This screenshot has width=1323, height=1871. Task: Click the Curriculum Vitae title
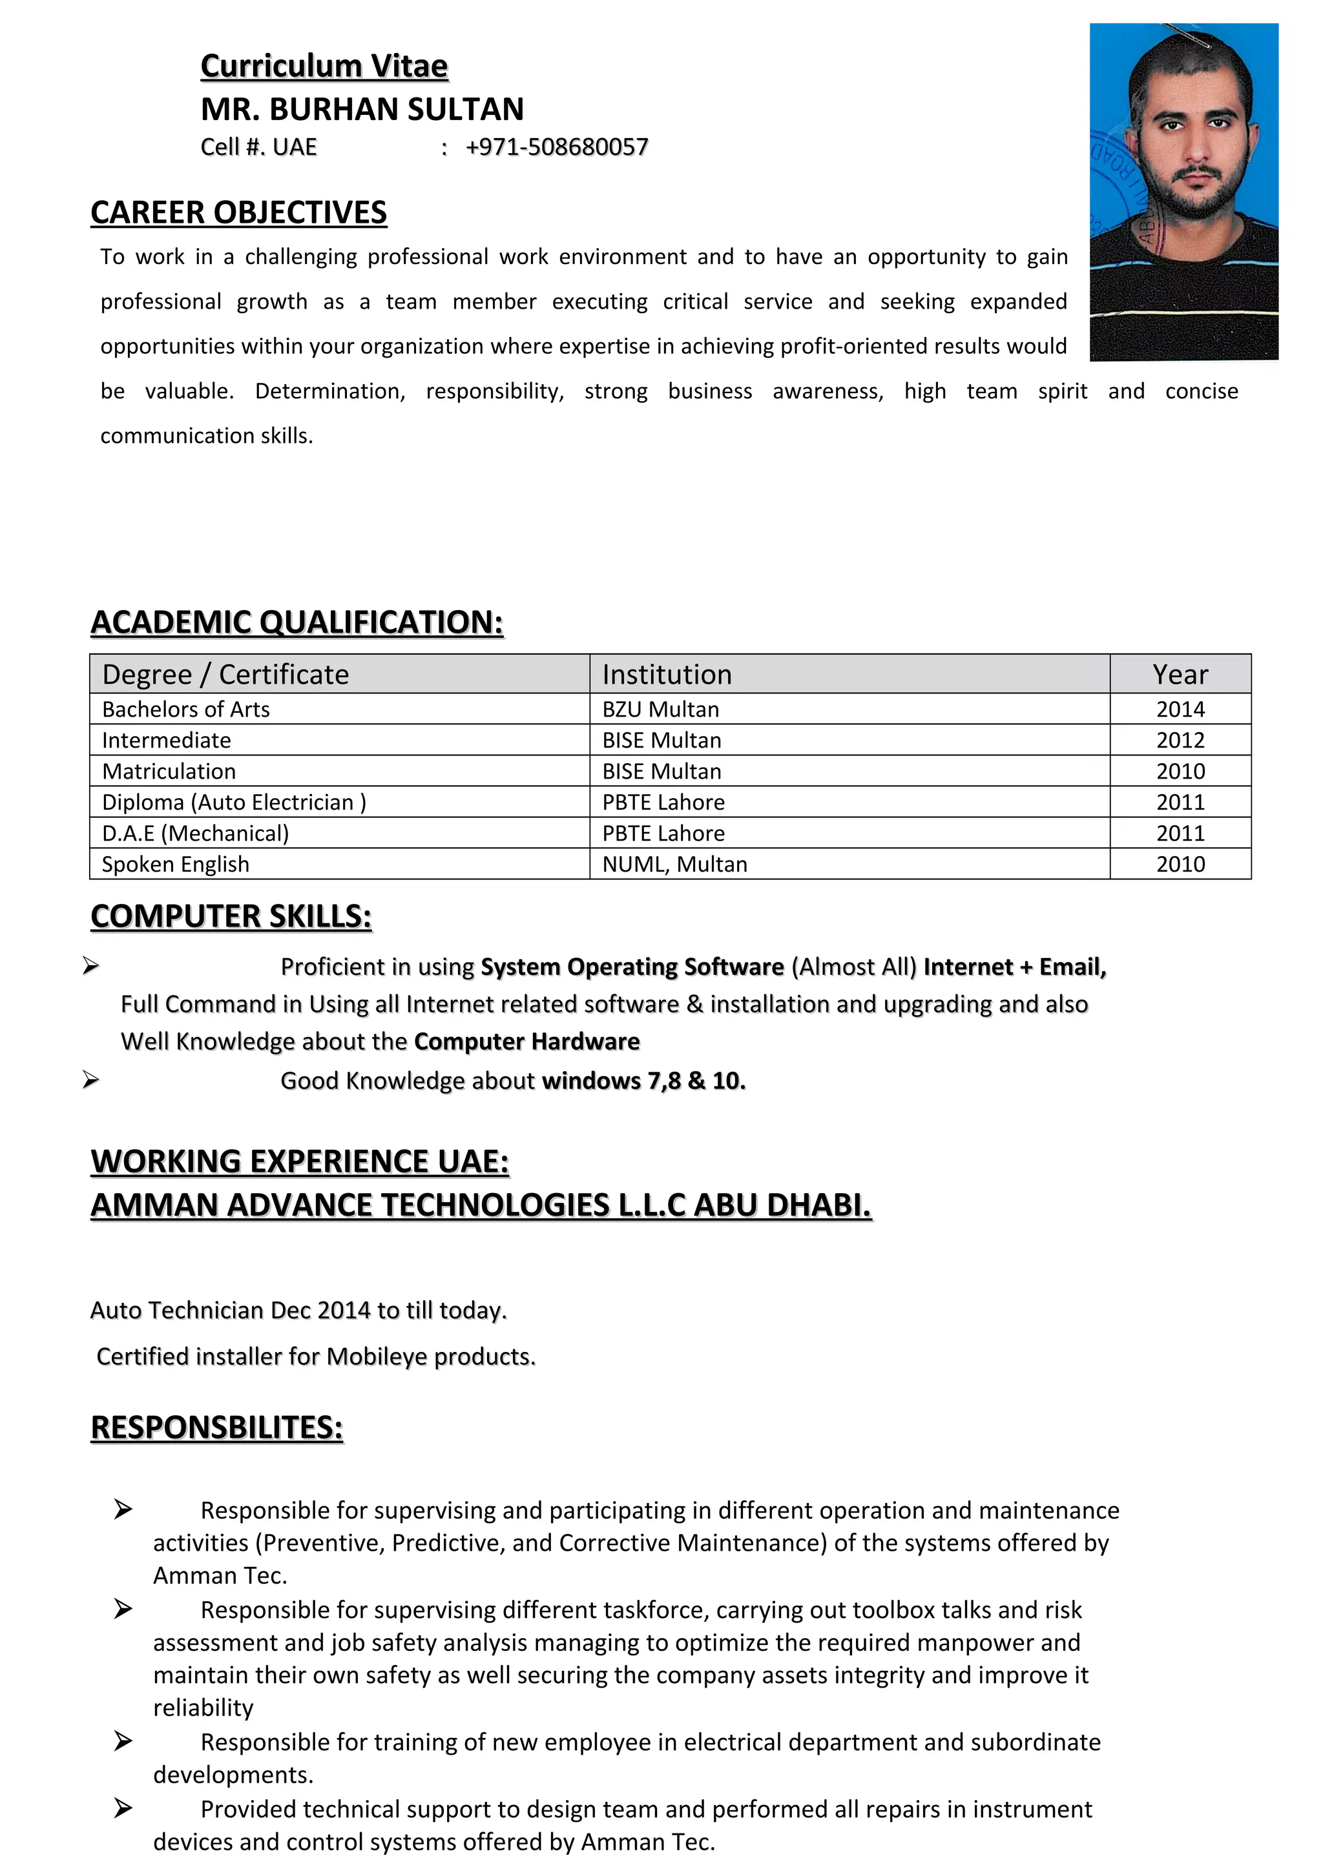[324, 66]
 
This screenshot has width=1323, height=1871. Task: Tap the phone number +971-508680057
[557, 147]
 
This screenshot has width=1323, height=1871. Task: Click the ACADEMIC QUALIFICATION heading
[297, 622]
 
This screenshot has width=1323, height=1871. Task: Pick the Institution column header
[666, 675]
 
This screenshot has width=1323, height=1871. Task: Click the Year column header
[1180, 675]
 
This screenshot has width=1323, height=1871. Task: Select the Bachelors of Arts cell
[186, 710]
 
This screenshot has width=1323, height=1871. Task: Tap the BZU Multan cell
[660, 710]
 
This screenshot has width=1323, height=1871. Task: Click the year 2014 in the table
[1180, 710]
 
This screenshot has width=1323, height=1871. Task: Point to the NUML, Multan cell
[674, 864]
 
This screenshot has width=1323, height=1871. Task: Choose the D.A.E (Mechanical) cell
[195, 833]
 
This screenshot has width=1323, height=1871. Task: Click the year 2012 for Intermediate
[1180, 741]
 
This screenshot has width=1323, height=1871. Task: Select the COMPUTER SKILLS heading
[231, 917]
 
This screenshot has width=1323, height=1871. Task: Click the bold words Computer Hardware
[526, 1042]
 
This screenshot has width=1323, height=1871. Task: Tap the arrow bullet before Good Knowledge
[90, 1081]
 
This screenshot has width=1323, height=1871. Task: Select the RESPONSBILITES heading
[217, 1427]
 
